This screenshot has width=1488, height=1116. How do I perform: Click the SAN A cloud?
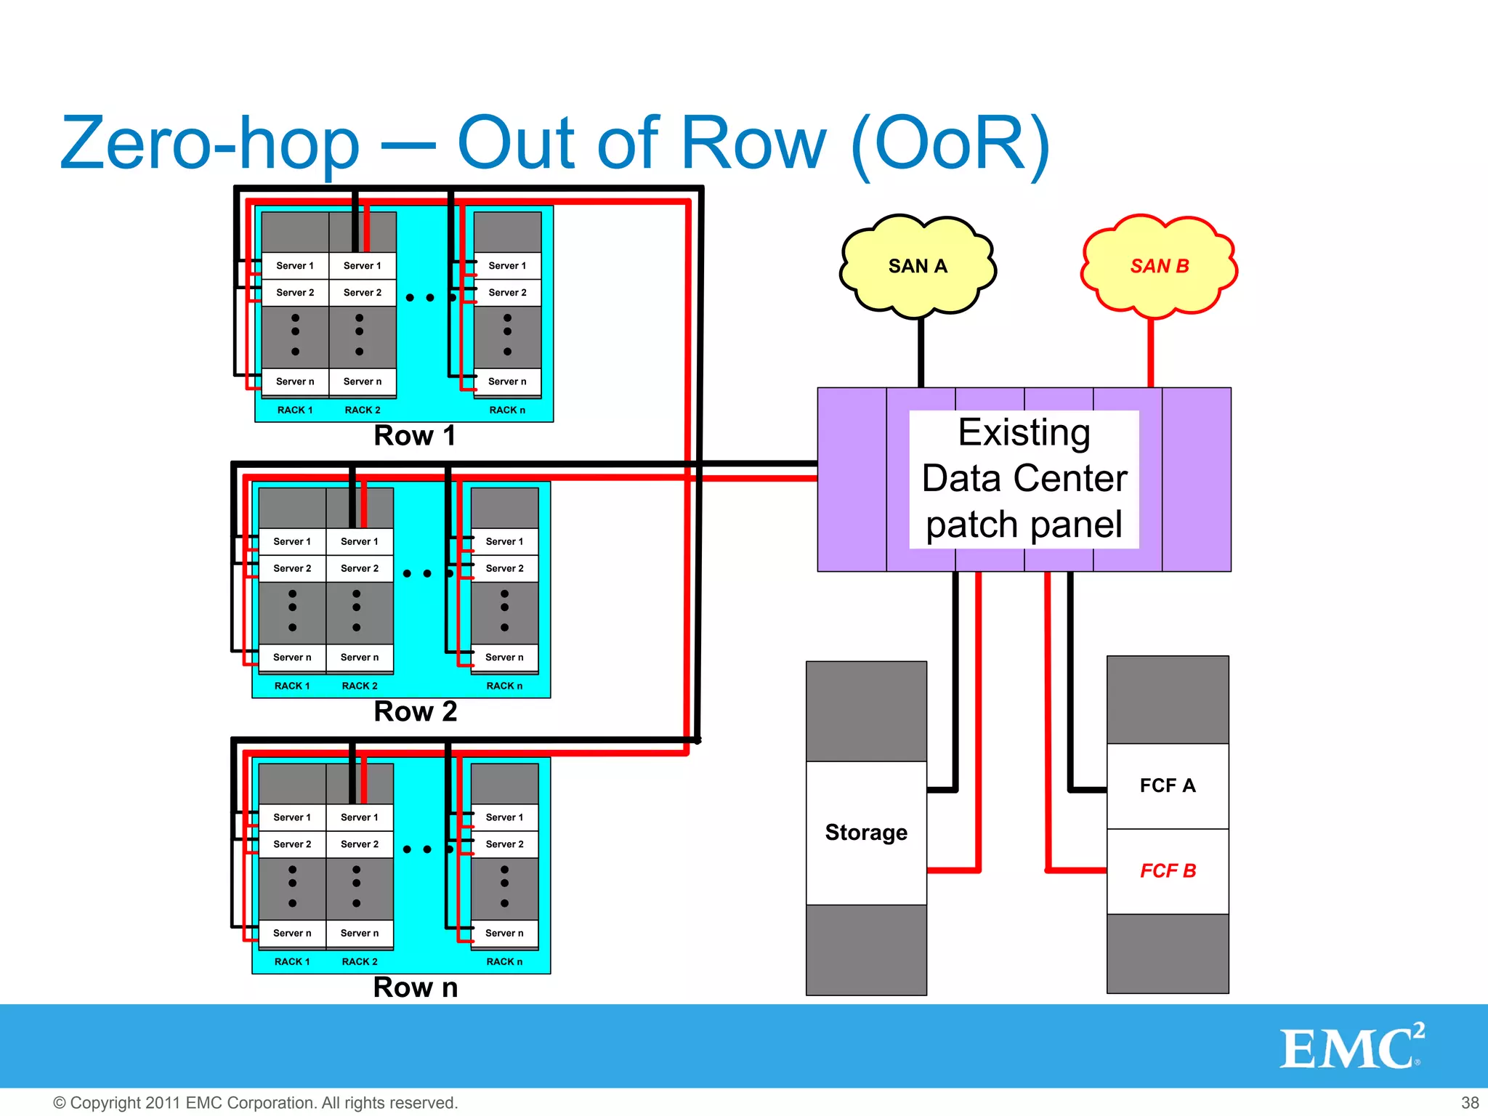point(918,266)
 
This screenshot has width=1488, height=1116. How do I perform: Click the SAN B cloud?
point(1159,266)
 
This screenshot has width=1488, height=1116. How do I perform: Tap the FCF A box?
point(1167,785)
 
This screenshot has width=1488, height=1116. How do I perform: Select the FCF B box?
point(1167,870)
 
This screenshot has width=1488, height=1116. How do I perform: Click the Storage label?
point(866,832)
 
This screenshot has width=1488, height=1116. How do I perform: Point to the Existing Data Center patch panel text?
point(1024,479)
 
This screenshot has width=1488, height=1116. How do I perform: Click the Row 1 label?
point(414,436)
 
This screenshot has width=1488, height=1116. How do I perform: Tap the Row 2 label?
point(415,711)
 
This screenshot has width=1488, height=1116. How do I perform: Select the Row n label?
point(415,987)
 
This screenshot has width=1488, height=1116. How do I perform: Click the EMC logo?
point(1350,1047)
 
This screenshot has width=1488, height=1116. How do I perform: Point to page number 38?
point(1470,1103)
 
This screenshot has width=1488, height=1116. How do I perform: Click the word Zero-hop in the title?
point(210,144)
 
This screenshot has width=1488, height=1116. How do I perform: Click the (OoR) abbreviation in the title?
point(950,144)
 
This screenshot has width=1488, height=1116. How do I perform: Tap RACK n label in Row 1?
point(507,411)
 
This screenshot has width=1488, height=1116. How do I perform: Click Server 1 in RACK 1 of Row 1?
point(295,266)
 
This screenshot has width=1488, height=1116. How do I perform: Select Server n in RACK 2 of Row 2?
point(360,658)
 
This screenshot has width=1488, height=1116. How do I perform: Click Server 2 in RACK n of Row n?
point(504,844)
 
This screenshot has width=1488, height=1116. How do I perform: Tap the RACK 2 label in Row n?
point(360,962)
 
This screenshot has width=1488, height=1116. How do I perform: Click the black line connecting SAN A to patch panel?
point(921,352)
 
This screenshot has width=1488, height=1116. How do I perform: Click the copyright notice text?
point(256,1103)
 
